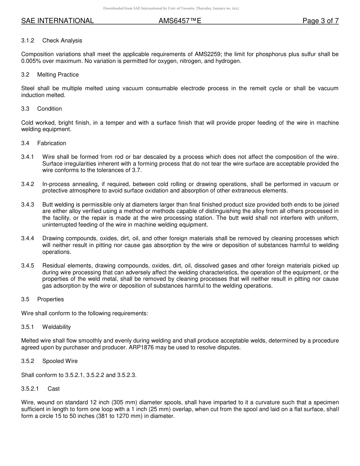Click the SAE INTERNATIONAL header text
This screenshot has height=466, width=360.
[57, 21]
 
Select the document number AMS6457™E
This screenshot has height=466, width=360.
[180, 21]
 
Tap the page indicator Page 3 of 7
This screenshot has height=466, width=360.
[320, 21]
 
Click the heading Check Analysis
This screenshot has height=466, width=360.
[62, 41]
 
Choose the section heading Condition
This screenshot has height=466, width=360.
[49, 109]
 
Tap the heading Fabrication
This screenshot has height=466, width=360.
[52, 143]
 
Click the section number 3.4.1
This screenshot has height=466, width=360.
[28, 157]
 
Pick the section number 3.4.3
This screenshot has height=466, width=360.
[28, 205]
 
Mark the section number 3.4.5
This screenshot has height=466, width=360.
[28, 266]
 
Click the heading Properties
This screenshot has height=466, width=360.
[50, 299]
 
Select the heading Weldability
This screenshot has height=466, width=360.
[56, 327]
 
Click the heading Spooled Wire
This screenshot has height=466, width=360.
[60, 361]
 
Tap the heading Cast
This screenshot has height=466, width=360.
[53, 389]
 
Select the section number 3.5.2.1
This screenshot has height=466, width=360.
[30, 389]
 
